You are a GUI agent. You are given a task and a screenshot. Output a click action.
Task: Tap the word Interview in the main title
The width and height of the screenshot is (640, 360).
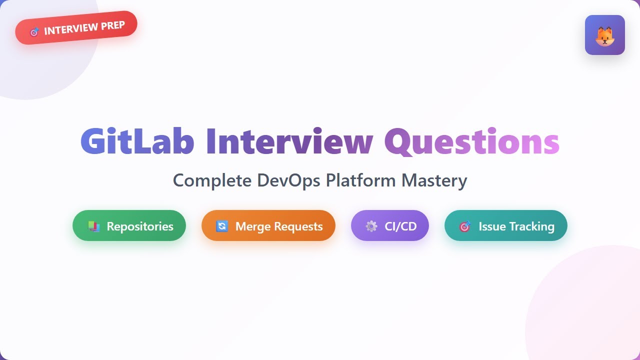(289, 141)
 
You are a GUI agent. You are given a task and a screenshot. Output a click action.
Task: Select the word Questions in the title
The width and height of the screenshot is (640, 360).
(471, 141)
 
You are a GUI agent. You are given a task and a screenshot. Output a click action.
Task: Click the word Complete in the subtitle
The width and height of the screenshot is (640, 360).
(212, 180)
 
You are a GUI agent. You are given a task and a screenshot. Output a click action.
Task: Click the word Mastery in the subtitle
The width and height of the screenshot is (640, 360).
(434, 180)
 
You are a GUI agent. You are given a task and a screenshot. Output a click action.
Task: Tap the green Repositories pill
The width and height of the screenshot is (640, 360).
(129, 226)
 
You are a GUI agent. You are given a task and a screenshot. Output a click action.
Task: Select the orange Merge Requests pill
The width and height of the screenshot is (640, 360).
(268, 226)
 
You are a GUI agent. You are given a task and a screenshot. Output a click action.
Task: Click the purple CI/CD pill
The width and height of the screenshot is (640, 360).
(390, 226)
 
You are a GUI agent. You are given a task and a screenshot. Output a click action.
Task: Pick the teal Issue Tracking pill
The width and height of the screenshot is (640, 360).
(505, 226)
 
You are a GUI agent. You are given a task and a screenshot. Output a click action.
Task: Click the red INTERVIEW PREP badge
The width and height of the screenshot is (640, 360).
(76, 28)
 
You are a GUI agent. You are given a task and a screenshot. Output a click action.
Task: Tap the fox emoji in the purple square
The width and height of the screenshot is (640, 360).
(604, 35)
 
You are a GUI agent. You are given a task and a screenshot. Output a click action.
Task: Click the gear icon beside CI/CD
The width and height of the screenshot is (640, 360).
(371, 226)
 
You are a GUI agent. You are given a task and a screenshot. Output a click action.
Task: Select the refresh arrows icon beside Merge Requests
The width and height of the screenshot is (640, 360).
(221, 226)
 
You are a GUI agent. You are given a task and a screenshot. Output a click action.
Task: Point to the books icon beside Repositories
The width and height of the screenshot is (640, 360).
(93, 226)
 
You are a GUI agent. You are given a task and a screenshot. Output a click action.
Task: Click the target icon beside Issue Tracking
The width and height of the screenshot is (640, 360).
(465, 226)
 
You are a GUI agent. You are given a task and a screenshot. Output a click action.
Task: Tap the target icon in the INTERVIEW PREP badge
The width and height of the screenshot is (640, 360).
(34, 32)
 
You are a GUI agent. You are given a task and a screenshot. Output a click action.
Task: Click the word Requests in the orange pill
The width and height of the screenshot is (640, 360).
(297, 226)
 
